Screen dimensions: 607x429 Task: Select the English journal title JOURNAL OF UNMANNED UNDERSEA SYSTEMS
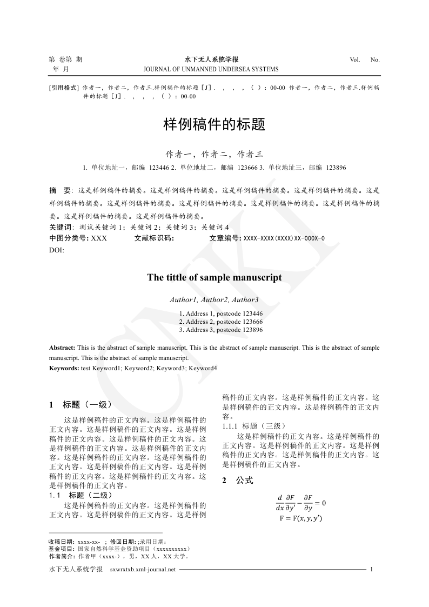[211, 69]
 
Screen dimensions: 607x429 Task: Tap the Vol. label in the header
[355, 59]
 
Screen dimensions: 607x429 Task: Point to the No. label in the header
[375, 59]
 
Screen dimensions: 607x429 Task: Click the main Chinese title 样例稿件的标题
[215, 125]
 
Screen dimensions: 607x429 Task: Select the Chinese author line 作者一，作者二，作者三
[215, 154]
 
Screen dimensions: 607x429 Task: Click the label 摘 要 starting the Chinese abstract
[60, 191]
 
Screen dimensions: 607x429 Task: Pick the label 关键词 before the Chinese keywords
[60, 227]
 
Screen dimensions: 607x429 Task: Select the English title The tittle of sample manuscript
[215, 278]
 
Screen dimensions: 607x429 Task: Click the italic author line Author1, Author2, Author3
[215, 299]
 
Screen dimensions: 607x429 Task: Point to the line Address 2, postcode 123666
[221, 321]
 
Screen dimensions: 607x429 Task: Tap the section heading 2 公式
[238, 481]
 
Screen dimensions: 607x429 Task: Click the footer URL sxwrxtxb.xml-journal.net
[143, 570]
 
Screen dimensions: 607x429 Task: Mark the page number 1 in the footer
[372, 570]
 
